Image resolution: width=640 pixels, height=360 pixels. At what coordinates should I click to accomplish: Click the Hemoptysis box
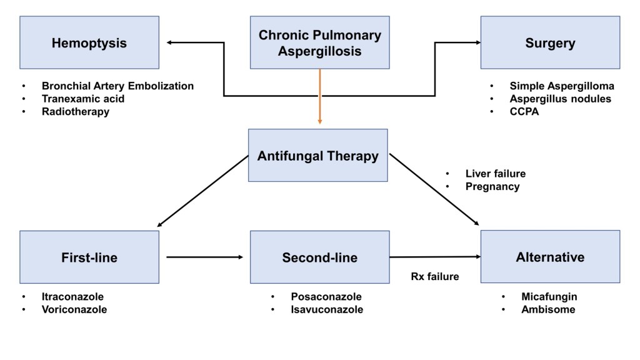[89, 43]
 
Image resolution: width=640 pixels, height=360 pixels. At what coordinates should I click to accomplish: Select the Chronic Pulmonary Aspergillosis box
[319, 43]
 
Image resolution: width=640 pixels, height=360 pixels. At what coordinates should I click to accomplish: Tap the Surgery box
[550, 43]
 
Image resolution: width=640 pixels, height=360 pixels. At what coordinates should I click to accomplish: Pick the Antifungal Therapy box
[318, 156]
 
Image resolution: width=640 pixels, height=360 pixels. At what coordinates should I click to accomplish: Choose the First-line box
[89, 257]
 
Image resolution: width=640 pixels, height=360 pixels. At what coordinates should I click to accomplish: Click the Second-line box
[319, 257]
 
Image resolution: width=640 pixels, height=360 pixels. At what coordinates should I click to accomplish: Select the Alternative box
[550, 257]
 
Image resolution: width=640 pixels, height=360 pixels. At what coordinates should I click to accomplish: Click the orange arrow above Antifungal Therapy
[319, 97]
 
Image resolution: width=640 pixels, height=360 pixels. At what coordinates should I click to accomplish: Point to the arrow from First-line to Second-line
[204, 257]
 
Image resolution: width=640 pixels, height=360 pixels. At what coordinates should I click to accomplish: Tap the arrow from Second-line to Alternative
[434, 257]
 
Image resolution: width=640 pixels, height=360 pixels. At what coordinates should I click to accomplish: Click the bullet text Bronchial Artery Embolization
[118, 86]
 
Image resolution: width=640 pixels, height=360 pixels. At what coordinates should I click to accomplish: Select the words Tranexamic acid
[83, 99]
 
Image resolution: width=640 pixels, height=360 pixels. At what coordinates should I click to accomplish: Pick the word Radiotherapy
[76, 112]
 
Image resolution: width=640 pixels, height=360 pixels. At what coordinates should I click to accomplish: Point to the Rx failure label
[434, 276]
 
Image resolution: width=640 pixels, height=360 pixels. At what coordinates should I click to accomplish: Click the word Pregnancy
[492, 187]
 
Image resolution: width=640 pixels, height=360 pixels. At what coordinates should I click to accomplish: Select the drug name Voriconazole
[74, 309]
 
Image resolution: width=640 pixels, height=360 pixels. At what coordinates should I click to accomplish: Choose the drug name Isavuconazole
[327, 309]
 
